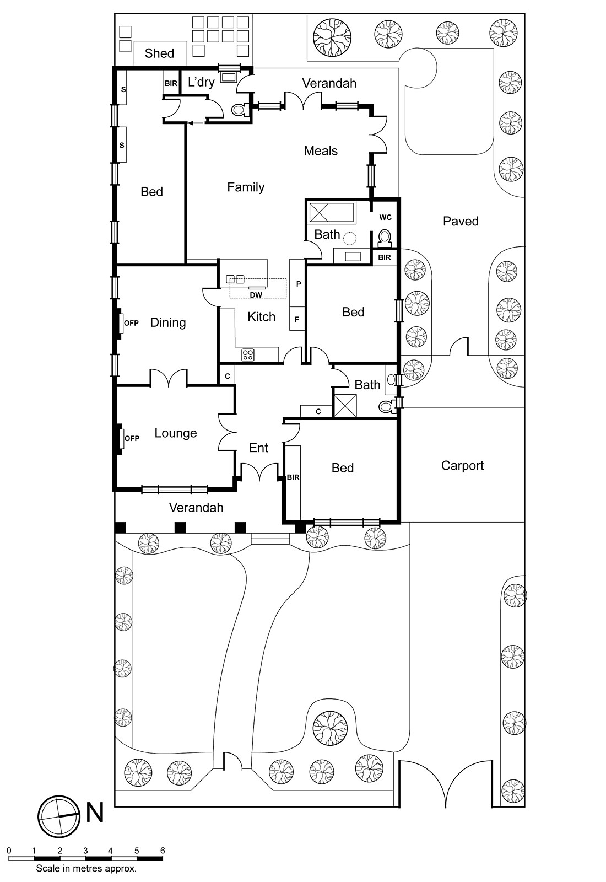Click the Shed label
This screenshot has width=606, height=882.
coord(159,53)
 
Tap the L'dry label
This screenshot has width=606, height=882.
coord(201,83)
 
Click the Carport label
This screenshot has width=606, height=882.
coord(462,466)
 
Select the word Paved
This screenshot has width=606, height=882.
coord(461,222)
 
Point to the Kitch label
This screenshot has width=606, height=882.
coord(261,317)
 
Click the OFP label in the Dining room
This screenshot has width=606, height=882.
coord(131,323)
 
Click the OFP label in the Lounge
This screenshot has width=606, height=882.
coord(132,438)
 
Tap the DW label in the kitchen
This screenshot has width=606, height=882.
coord(256,295)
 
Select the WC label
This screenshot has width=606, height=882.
coord(385,217)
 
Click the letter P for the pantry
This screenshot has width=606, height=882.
coord(298,284)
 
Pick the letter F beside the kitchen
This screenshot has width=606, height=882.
coord(297,319)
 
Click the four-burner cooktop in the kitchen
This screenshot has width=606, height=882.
coord(248,355)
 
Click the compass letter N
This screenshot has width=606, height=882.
coord(95,813)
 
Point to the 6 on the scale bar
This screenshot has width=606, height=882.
coord(163,851)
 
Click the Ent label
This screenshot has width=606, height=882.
coord(258,448)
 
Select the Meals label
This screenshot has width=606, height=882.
coord(321,151)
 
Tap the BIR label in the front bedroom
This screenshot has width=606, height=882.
coord(293,477)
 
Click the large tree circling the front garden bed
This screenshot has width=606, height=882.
coord(330,729)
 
